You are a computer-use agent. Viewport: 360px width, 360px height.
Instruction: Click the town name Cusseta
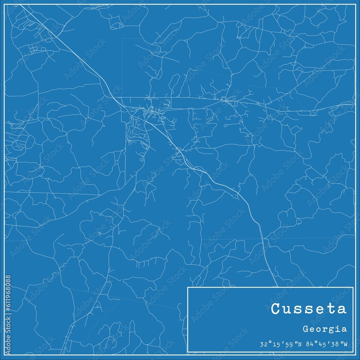(x=309, y=309)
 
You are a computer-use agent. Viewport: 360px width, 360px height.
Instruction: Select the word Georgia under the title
(x=325, y=329)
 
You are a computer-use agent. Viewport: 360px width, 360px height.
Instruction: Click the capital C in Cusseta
(x=276, y=309)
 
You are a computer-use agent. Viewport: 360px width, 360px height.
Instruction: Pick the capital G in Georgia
(x=305, y=329)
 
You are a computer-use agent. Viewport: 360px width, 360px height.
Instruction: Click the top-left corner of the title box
(x=188, y=287)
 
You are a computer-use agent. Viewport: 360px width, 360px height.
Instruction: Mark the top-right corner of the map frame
(x=355, y=4)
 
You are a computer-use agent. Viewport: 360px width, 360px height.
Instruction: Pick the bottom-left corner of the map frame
(x=4, y=355)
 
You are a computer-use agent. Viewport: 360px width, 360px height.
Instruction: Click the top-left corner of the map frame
(x=4, y=4)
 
